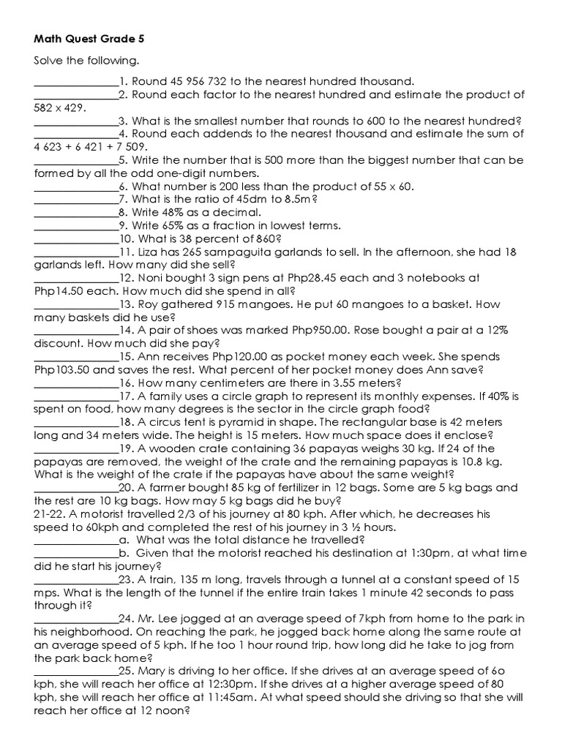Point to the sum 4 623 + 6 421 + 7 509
86,146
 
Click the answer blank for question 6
76,187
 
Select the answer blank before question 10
76,239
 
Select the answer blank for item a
76,540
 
